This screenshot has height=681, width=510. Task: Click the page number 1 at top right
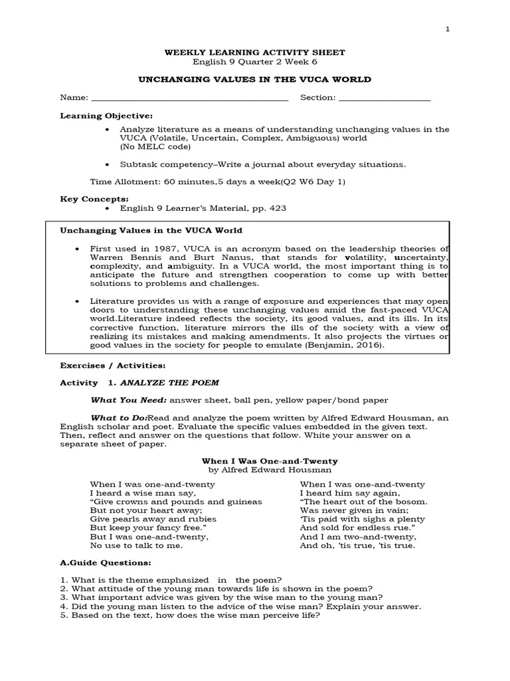coord(447,29)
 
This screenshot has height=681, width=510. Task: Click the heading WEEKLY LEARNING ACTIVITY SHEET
coord(254,53)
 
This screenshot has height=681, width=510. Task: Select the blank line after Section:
coord(384,97)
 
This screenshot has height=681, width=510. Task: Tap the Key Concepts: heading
coord(94,199)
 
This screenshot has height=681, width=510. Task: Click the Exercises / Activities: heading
coord(113,365)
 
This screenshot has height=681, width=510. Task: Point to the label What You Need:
coord(129,400)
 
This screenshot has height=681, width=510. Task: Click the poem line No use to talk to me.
coord(135,545)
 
